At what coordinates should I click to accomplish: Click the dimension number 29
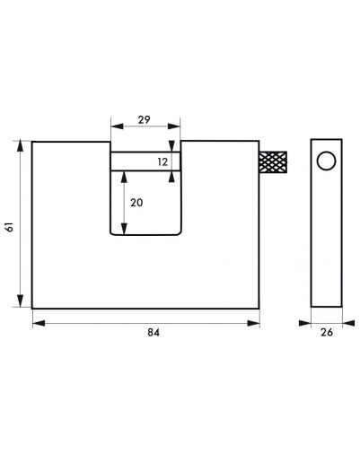[x=144, y=120]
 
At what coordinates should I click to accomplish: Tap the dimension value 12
[x=162, y=162]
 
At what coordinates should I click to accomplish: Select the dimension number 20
[x=136, y=203]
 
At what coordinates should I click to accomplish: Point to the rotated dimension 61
[x=10, y=227]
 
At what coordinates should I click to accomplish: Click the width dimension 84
[x=154, y=333]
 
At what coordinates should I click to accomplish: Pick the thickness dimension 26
[x=327, y=332]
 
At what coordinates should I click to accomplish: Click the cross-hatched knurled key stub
[x=273, y=162]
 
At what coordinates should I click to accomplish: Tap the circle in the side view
[x=326, y=161]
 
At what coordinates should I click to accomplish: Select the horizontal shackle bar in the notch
[x=145, y=161]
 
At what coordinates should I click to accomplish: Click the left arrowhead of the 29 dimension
[x=117, y=126]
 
